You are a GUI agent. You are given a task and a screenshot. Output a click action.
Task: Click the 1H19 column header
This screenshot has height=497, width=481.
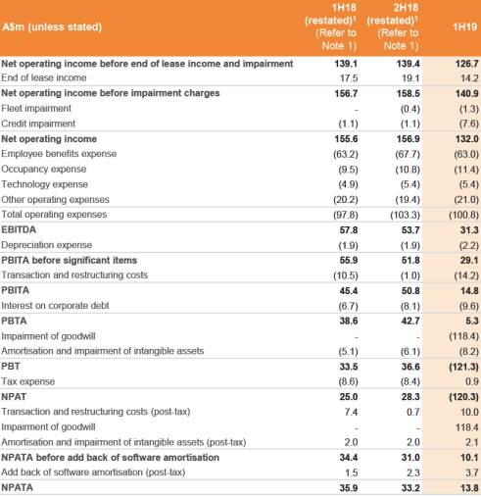(464, 26)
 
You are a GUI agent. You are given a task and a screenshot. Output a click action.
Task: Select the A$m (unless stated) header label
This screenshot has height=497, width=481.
(52, 26)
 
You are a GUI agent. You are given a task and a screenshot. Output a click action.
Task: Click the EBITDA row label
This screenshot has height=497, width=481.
(19, 229)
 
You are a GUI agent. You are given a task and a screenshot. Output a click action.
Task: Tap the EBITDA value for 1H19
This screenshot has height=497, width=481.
(469, 230)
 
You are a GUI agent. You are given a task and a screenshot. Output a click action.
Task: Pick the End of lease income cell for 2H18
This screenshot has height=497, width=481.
(410, 78)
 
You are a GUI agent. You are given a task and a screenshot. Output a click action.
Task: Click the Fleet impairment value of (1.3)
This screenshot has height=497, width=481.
(469, 109)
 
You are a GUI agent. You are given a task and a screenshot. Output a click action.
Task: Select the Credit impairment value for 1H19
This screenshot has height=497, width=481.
(469, 124)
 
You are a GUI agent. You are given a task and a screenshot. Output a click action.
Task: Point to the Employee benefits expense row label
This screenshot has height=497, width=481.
(59, 154)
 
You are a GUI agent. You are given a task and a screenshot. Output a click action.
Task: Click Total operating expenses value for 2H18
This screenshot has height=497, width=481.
(405, 215)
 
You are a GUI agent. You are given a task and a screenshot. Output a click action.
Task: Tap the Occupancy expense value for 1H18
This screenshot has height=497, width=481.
(348, 170)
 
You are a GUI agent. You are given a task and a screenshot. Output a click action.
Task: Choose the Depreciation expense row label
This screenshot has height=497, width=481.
(47, 245)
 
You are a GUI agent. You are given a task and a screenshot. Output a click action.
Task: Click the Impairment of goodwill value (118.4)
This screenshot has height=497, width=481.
(463, 336)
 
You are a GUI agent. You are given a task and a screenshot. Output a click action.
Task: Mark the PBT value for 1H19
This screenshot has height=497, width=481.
(463, 367)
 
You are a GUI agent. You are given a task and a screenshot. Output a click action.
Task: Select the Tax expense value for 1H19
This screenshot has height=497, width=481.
(472, 381)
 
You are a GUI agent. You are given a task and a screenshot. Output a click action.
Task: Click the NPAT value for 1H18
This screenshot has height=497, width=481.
(349, 397)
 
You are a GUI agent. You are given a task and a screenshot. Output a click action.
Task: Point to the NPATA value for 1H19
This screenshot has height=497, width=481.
(469, 488)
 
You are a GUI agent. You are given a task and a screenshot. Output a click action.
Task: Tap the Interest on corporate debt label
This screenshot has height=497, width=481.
(55, 306)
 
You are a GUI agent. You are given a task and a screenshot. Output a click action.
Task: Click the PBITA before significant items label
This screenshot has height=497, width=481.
(70, 261)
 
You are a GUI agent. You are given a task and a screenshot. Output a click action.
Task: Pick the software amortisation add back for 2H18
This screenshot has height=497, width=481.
(413, 472)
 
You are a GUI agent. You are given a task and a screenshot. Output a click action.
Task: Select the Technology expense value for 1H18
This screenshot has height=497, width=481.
(348, 184)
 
